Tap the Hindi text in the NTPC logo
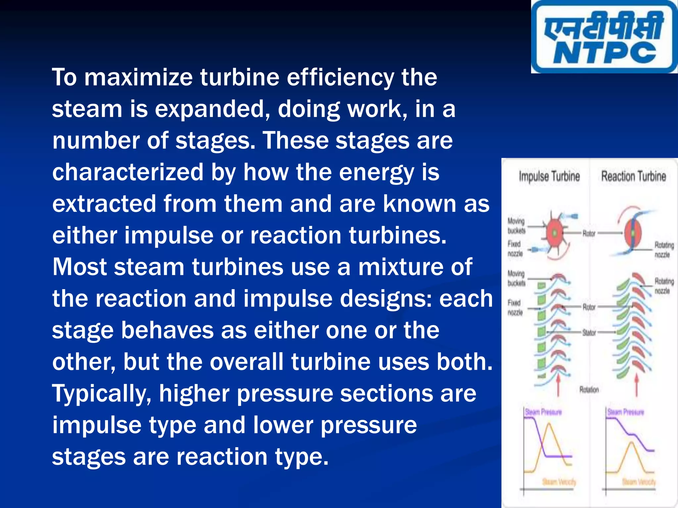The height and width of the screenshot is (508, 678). coord(605,26)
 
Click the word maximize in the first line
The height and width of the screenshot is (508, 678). coord(138,77)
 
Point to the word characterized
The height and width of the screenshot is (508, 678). coord(128,172)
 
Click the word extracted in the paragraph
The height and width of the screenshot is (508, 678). coord(104,204)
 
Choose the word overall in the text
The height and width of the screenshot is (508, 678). coord(247,362)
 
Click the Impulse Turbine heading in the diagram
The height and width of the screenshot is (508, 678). coord(549,176)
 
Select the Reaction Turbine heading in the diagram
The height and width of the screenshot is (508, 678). coord(633,176)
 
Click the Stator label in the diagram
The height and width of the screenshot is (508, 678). coord(589,333)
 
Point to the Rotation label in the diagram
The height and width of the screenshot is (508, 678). coord(589,390)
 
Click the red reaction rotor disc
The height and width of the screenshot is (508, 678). coord(633,233)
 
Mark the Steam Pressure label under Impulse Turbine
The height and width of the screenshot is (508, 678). coord(543,412)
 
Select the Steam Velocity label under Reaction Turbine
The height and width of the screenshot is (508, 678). coord(639,482)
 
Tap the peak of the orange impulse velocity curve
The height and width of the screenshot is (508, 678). coord(550,425)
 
